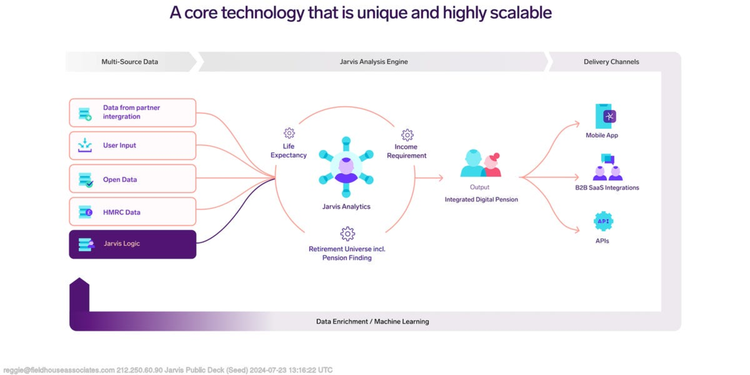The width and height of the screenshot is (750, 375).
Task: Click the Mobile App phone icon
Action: (606, 116)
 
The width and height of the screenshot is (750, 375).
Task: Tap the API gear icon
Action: (603, 221)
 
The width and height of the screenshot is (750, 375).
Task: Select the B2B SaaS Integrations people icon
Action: (608, 167)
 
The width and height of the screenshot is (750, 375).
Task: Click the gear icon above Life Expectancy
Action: (289, 133)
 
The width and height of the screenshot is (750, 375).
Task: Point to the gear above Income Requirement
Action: (407, 135)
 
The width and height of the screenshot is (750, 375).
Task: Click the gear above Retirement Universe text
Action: (347, 234)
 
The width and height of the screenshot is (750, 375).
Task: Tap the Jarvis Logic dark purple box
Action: (133, 244)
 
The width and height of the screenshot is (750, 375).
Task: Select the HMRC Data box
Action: (133, 212)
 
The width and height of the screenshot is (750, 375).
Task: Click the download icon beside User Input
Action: (85, 145)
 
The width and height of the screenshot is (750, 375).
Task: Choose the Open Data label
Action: (120, 179)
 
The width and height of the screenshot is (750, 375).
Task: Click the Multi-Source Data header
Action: (130, 62)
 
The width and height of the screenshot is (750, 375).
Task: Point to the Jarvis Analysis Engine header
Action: (374, 62)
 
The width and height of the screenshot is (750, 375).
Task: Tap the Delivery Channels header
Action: (611, 62)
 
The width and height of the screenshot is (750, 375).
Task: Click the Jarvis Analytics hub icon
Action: (346, 167)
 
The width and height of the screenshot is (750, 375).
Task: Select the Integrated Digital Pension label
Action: (481, 199)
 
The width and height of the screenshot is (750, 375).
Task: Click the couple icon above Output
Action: (481, 163)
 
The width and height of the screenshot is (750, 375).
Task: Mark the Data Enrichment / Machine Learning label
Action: (372, 322)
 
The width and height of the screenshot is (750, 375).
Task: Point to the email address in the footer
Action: (59, 370)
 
